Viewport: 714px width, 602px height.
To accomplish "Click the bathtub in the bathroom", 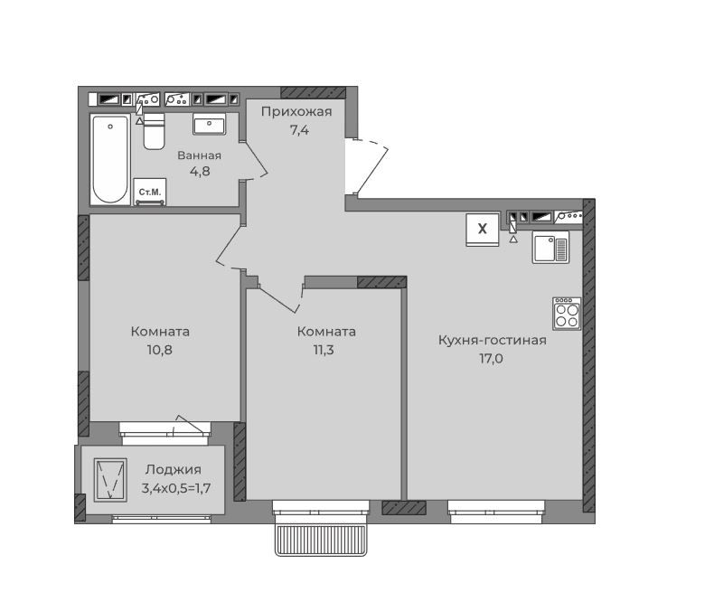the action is pos(109,159).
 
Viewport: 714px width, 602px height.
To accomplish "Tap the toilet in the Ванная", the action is pos(154,131).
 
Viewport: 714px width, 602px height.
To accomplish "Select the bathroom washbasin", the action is pos(209,124).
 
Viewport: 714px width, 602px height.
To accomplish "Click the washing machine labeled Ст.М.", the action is pos(150,192).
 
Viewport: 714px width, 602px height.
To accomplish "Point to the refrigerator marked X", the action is pos(483,230).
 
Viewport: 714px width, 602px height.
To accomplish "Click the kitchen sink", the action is pos(550,248).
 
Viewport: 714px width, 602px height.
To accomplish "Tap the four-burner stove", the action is pos(567,314).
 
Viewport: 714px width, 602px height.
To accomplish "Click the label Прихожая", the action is pos(296,111).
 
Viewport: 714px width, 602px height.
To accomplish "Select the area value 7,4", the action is pos(299,130).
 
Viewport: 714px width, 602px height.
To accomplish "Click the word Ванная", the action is pos(200,155).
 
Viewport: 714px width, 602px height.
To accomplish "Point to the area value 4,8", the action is pos(200,171).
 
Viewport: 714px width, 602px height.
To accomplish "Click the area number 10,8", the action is pos(159,350).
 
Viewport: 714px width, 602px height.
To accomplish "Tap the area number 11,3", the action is pos(324,350).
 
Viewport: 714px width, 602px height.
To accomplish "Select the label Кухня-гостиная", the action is pos(493,340).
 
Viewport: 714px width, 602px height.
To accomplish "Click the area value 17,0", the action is pos(491,359).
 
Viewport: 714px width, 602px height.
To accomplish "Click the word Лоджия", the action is pos(173,469).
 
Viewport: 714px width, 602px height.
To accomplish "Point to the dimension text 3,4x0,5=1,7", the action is pos(175,489).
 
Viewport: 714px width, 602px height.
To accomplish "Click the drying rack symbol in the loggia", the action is pos(110,480).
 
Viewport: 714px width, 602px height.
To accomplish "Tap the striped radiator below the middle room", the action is pos(321,540).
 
